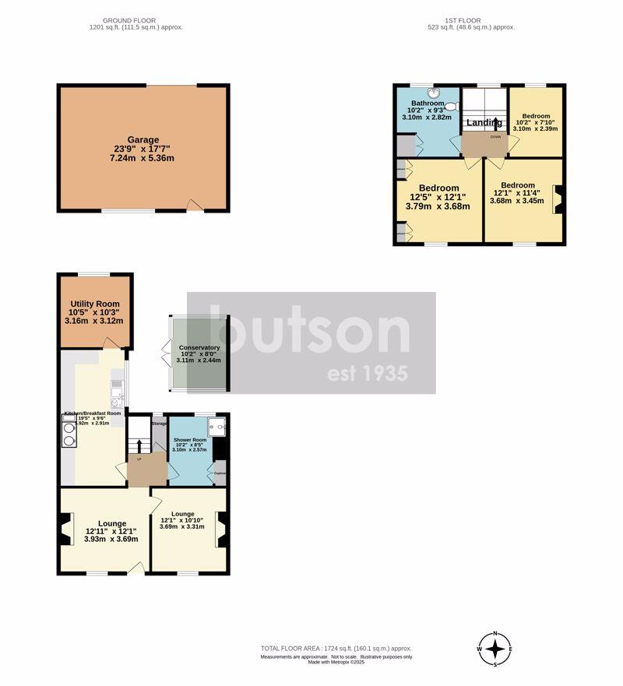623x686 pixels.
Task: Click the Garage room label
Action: pyautogui.click(x=143, y=140)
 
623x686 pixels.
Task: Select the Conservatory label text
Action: pyautogui.click(x=199, y=348)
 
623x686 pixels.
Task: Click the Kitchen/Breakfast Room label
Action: pyautogui.click(x=93, y=413)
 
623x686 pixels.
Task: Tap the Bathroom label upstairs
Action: pyautogui.click(x=428, y=104)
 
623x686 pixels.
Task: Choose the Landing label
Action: pyautogui.click(x=483, y=123)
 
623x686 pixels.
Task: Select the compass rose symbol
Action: pyautogui.click(x=495, y=649)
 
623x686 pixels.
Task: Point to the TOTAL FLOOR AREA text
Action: pyautogui.click(x=336, y=648)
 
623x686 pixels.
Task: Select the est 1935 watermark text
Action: pyautogui.click(x=366, y=374)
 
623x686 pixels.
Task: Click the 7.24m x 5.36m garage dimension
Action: pyautogui.click(x=143, y=159)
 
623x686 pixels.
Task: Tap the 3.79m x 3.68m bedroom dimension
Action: pyautogui.click(x=438, y=206)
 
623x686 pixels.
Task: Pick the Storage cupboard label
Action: pyautogui.click(x=159, y=423)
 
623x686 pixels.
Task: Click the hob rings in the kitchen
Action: pyautogui.click(x=68, y=433)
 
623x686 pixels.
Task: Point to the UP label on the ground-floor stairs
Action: pyautogui.click(x=139, y=459)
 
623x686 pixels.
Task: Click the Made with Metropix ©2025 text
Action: pyautogui.click(x=336, y=663)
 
